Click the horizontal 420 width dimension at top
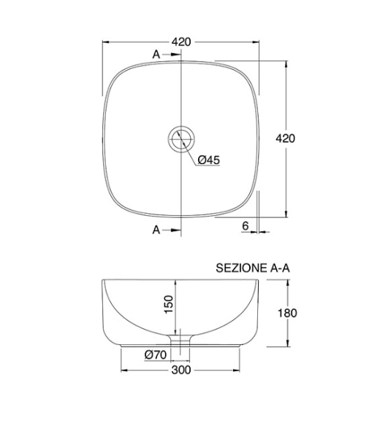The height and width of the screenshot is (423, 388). [181, 42]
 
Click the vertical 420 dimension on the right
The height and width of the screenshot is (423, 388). [285, 139]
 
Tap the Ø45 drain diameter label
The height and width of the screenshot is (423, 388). [209, 160]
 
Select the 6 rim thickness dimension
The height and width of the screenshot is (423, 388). [245, 226]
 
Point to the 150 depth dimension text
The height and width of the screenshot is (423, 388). [169, 304]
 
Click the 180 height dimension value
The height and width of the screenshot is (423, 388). [287, 313]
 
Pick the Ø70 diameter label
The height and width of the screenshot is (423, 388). [156, 354]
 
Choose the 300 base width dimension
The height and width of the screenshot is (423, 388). [181, 370]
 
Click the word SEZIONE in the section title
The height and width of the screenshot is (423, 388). [241, 268]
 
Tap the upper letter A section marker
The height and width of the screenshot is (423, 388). [156, 55]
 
